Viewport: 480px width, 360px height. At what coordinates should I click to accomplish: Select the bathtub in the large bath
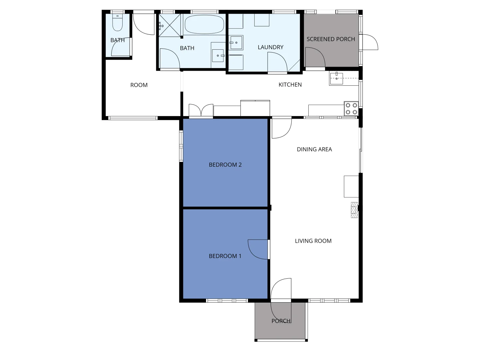[204, 24]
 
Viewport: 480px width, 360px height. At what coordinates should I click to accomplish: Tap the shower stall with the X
[170, 25]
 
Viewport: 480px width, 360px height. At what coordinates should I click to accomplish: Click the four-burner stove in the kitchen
[351, 108]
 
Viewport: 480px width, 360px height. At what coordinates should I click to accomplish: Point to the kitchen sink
[337, 78]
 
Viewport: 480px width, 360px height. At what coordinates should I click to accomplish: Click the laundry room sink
[236, 43]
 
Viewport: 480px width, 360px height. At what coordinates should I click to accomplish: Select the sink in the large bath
[218, 56]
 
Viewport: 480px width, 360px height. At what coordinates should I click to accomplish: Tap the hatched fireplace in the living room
[354, 210]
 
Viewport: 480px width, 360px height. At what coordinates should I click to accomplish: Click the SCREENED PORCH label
[331, 39]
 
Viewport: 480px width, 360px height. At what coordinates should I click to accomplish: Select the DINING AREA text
[314, 149]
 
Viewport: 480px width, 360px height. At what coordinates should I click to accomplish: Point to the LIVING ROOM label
[313, 241]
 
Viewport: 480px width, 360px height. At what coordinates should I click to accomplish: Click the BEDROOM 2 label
[225, 165]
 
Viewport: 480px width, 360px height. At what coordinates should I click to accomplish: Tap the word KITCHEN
[290, 85]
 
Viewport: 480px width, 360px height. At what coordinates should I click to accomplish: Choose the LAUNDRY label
[270, 47]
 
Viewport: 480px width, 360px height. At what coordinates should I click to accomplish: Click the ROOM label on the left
[139, 85]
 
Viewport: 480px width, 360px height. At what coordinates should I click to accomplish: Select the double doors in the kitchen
[201, 111]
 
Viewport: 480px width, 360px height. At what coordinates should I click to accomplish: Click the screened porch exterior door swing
[370, 42]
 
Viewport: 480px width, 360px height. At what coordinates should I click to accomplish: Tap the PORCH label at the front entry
[281, 321]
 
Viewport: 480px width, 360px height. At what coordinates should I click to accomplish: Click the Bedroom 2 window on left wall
[181, 146]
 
